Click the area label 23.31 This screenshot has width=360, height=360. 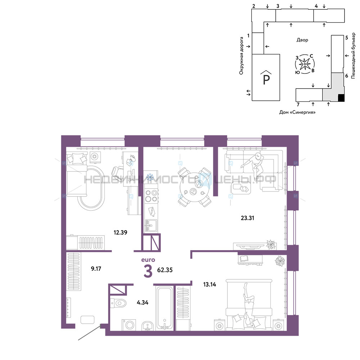pyautogui.click(x=247, y=218)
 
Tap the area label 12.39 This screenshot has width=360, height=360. pyautogui.click(x=120, y=233)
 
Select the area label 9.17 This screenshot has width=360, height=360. pyautogui.click(x=96, y=269)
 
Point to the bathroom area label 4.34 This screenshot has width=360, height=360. pyautogui.click(x=143, y=303)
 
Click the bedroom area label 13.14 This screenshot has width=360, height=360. pyautogui.click(x=210, y=284)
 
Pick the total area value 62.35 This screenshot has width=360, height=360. pyautogui.click(x=165, y=270)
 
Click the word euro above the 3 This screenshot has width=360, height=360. pyautogui.click(x=148, y=260)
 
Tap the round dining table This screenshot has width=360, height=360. pyautogui.click(x=194, y=187)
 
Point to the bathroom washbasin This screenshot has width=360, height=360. pyautogui.click(x=147, y=326)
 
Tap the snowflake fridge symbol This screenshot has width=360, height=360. pyautogui.click(x=150, y=177)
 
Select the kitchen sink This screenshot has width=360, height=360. pyautogui.click(x=151, y=225)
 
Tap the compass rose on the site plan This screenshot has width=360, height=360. pyautogui.click(x=305, y=64)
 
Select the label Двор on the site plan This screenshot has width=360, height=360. pyautogui.click(x=302, y=40)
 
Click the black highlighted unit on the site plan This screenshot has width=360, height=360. pyautogui.click(x=341, y=98)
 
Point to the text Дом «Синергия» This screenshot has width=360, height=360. pyautogui.click(x=297, y=112)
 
